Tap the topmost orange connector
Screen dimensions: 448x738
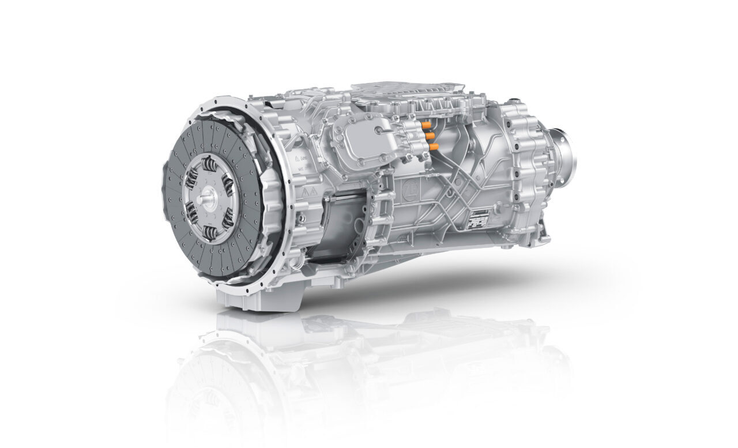click(427, 124)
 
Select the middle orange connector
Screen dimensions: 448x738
click(430, 135)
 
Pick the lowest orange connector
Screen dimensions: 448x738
click(432, 147)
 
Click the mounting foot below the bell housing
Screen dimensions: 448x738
click(257, 298)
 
